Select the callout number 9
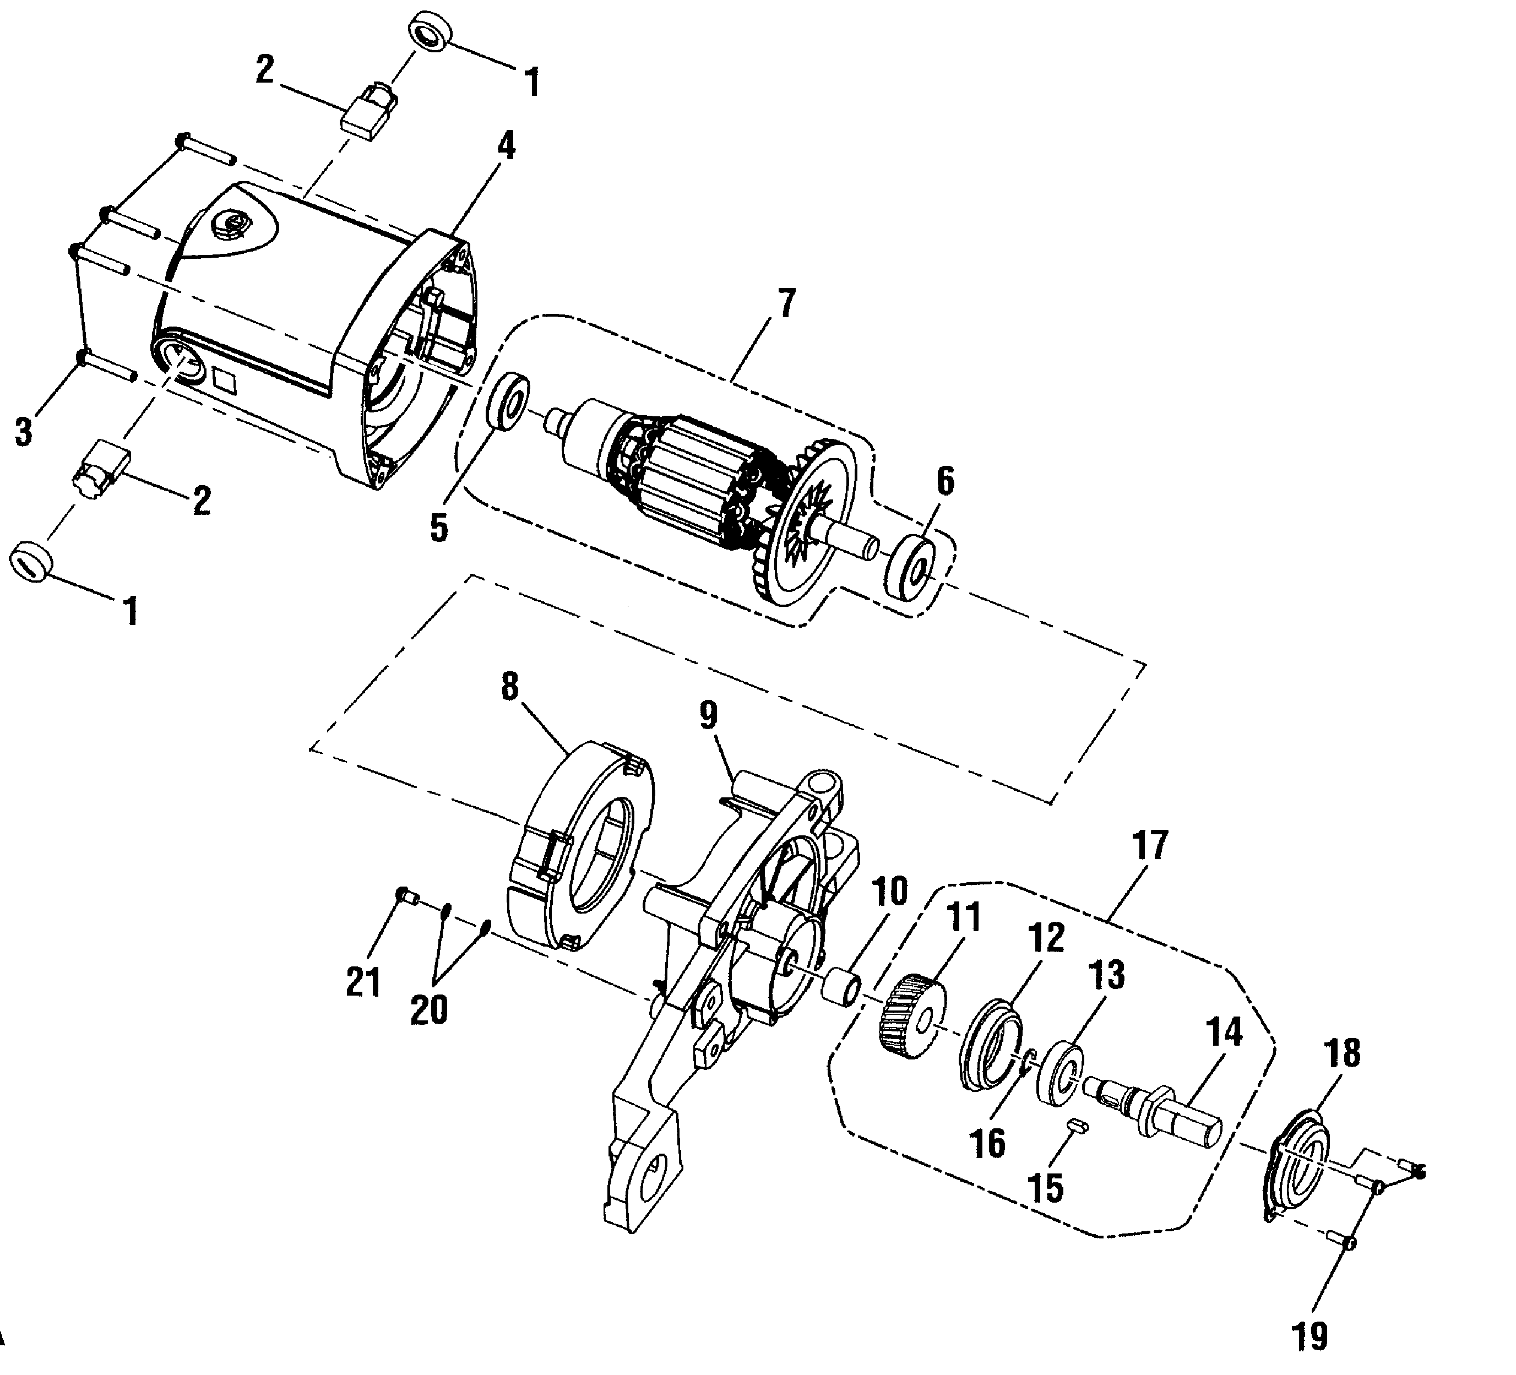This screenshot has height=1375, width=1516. click(x=708, y=716)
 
